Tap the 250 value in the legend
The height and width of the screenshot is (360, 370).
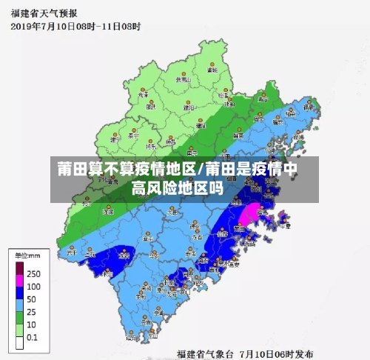coord(33,274)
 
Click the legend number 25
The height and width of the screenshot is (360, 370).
coord(32,311)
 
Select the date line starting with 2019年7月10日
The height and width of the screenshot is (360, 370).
coord(75,26)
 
